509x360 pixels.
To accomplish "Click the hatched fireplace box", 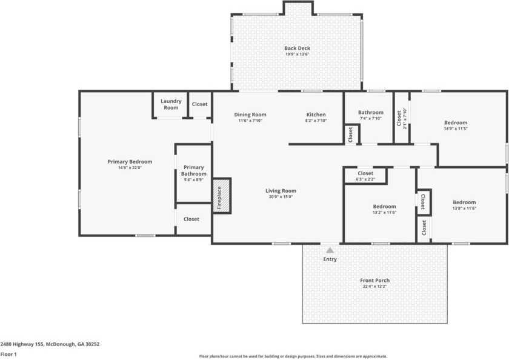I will [222, 195].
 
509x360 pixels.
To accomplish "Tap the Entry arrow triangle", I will [330, 249].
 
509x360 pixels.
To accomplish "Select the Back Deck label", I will [297, 48].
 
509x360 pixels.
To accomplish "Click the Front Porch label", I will [374, 280].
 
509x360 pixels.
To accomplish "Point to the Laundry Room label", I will [171, 104].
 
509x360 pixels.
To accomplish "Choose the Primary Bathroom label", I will [194, 170].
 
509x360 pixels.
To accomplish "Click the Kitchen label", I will [316, 114].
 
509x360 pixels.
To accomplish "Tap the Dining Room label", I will [250, 114].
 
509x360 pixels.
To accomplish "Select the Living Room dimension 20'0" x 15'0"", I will [281, 197].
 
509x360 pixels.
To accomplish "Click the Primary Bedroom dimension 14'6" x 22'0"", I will [130, 168].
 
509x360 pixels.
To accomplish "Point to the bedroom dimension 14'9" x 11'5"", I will [456, 128].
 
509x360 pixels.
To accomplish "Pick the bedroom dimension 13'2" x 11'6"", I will [384, 212].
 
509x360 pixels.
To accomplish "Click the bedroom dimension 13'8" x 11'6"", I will [464, 208].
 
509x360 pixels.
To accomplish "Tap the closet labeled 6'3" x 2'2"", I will [365, 179].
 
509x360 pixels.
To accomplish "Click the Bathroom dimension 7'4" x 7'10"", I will [370, 118].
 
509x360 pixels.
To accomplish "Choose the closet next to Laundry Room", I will [199, 104].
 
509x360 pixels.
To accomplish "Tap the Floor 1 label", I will [8, 353].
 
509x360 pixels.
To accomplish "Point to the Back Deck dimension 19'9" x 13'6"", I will [297, 55].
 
